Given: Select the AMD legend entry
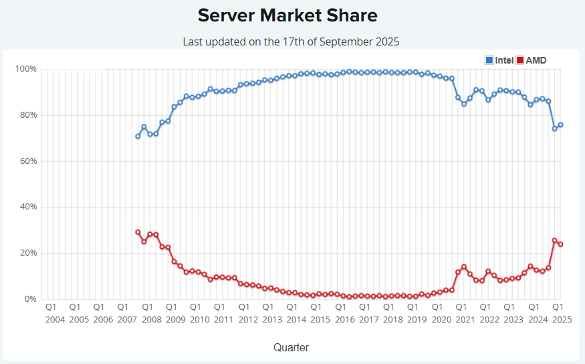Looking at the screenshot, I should click(536, 60).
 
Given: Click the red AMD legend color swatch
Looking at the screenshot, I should click(521, 60).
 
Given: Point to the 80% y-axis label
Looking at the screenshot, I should click(27, 115).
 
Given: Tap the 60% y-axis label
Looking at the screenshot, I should click(27, 161).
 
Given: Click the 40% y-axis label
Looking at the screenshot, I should click(27, 207).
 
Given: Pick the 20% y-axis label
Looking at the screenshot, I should click(27, 253).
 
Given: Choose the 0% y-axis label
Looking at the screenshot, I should click(30, 299).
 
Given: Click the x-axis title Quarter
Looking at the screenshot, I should click(291, 347).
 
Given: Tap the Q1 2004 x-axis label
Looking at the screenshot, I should click(55, 313).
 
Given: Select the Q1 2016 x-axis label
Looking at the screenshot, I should click(345, 313).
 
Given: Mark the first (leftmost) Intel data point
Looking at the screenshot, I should click(138, 136).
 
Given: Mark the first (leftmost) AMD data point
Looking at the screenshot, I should click(138, 232).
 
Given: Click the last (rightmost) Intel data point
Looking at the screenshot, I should click(560, 124).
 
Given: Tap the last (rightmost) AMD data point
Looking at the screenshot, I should click(560, 244).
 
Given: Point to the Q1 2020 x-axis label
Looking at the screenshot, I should click(441, 313).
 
